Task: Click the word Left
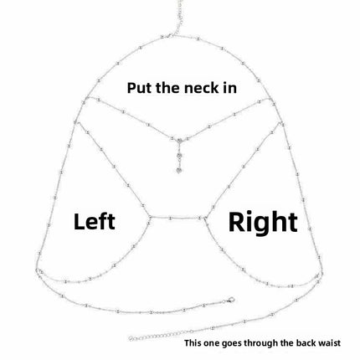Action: (95, 221)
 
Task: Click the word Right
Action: (263, 222)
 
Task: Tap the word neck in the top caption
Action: (199, 88)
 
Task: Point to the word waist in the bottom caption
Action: (330, 342)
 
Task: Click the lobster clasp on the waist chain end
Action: (229, 301)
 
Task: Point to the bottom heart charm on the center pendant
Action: (179, 170)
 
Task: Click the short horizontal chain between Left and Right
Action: (177, 218)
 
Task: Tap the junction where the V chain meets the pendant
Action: (179, 139)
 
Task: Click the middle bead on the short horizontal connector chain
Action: (171, 218)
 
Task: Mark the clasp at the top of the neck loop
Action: (169, 36)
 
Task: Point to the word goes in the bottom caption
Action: (232, 343)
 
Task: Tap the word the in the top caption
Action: (167, 88)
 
